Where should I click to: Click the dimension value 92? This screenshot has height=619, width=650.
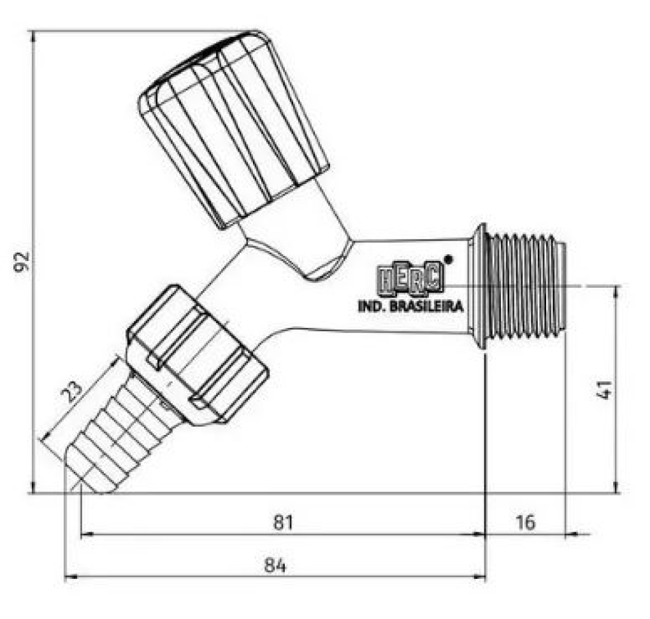click(22, 262)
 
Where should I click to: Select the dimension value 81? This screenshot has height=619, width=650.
click(283, 522)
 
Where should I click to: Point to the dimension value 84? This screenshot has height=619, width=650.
click(275, 565)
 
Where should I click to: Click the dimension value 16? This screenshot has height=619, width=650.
click(525, 522)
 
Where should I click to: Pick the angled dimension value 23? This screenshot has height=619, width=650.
click(72, 392)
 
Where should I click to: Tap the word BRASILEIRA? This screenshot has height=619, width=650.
click(427, 306)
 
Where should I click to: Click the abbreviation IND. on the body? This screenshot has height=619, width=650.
click(372, 306)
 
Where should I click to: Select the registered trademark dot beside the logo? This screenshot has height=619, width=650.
click(448, 259)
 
